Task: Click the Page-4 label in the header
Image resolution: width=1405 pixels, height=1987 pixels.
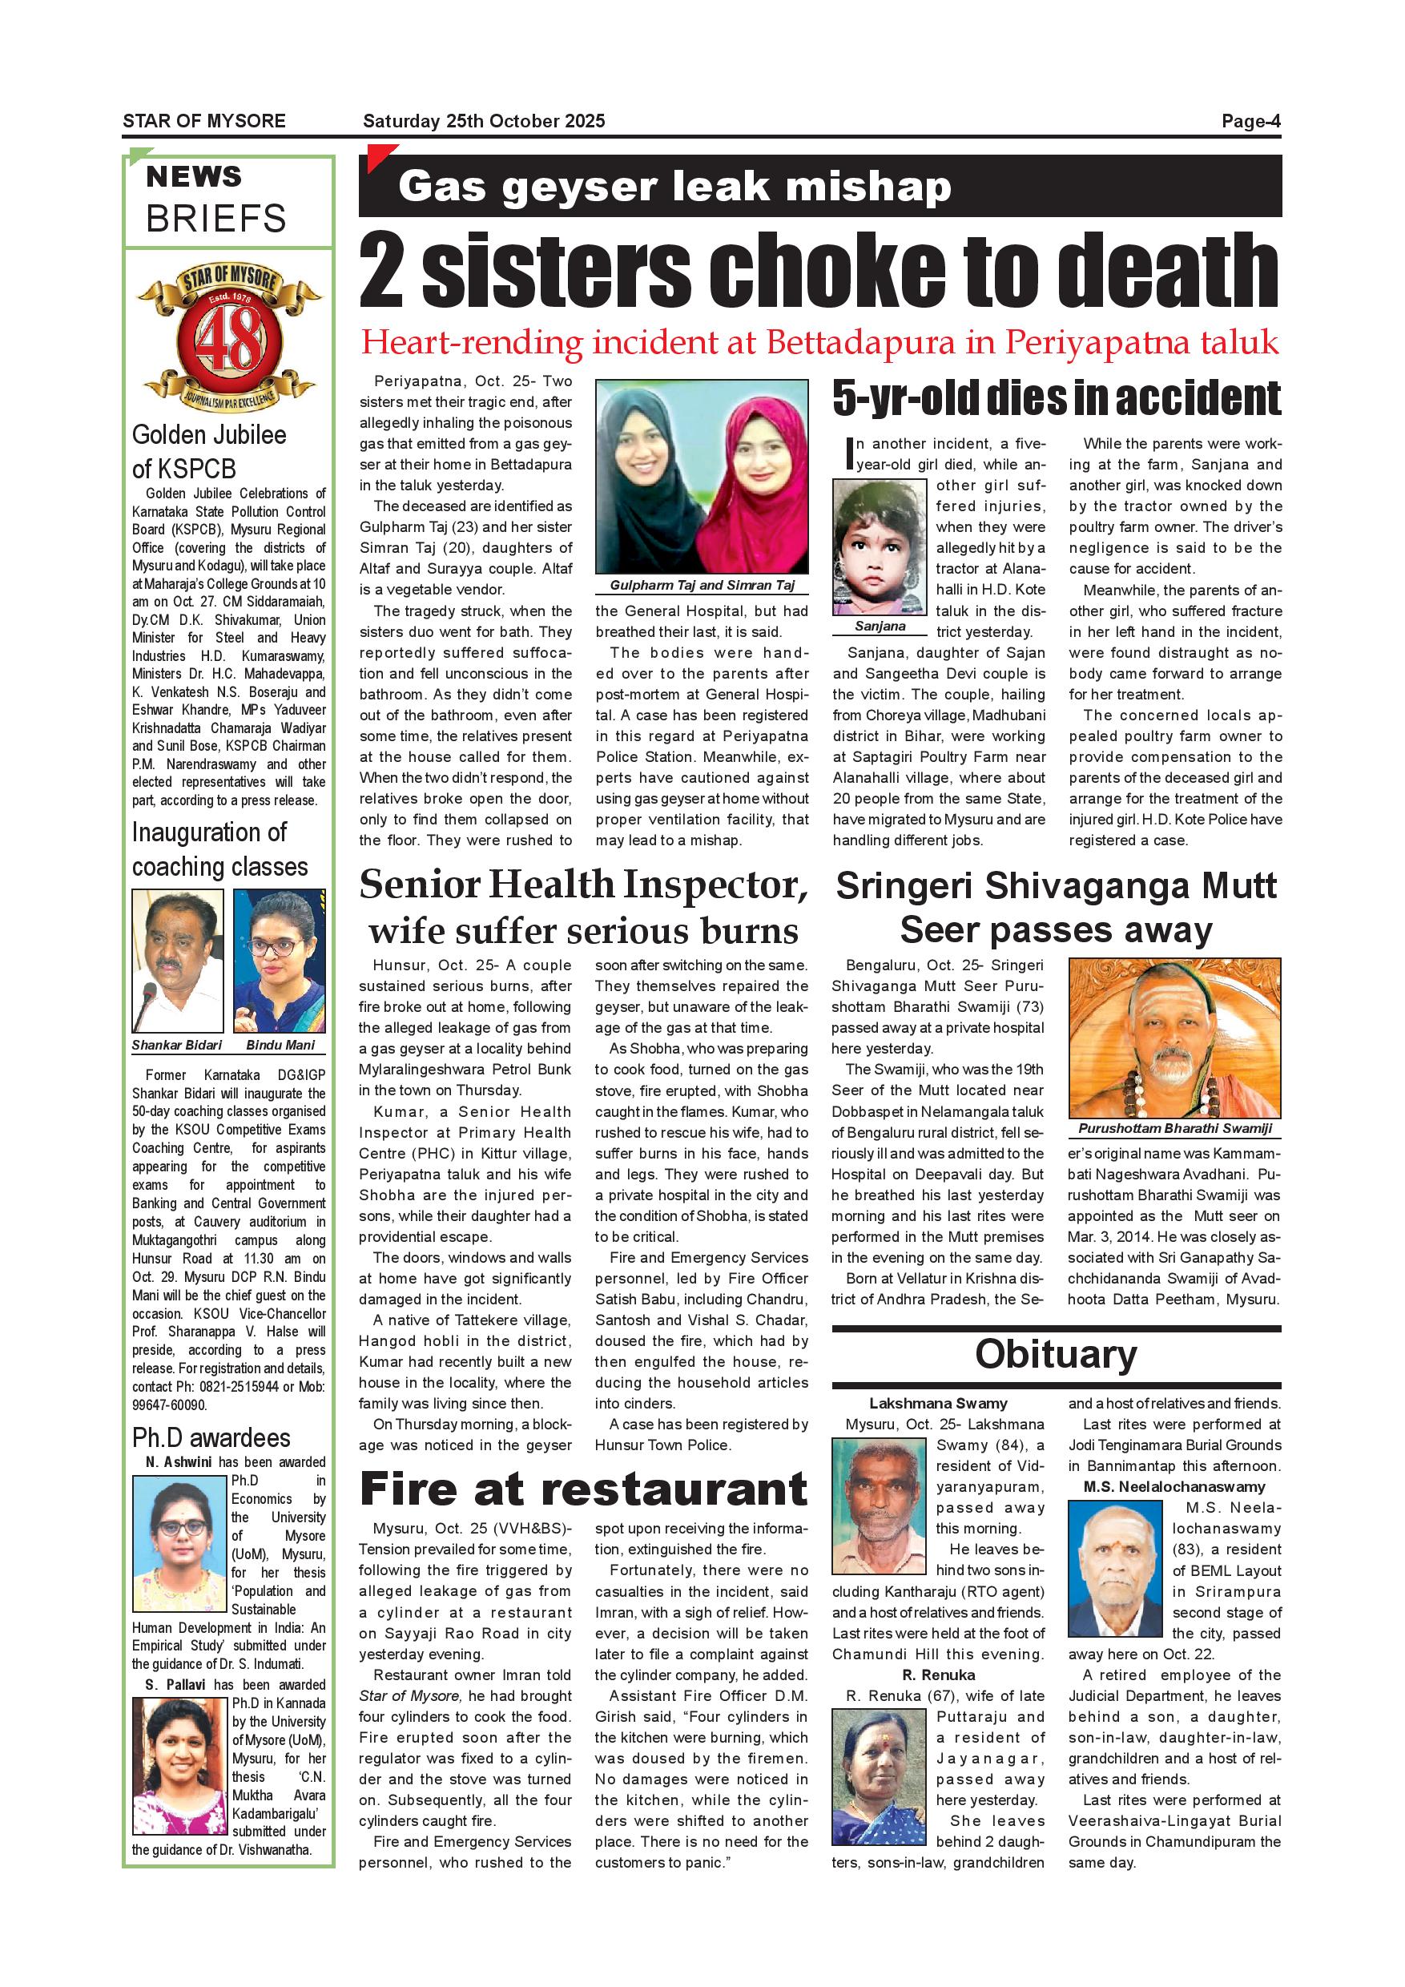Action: [x=1250, y=121]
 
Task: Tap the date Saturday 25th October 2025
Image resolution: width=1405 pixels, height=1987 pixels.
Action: [x=484, y=121]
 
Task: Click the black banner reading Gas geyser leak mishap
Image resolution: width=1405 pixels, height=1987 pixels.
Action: [x=819, y=186]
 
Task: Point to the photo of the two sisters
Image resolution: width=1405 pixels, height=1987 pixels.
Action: [x=702, y=477]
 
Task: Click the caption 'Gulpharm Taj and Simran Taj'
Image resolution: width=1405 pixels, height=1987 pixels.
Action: [x=702, y=586]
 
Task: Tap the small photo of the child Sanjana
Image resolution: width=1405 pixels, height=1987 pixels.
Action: [x=880, y=548]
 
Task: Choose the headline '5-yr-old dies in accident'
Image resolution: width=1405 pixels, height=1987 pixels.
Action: [x=1056, y=399]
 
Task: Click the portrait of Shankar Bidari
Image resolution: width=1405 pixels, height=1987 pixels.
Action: [x=177, y=961]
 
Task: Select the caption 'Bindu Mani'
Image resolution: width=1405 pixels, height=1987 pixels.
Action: [x=280, y=1046]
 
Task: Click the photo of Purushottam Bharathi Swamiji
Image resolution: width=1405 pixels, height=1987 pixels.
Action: [x=1174, y=1038]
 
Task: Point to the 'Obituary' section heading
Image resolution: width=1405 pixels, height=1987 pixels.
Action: [x=1056, y=1353]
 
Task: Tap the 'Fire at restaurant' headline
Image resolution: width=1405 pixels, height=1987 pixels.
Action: [x=583, y=1489]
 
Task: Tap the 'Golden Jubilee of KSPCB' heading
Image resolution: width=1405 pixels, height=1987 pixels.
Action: [x=209, y=452]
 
